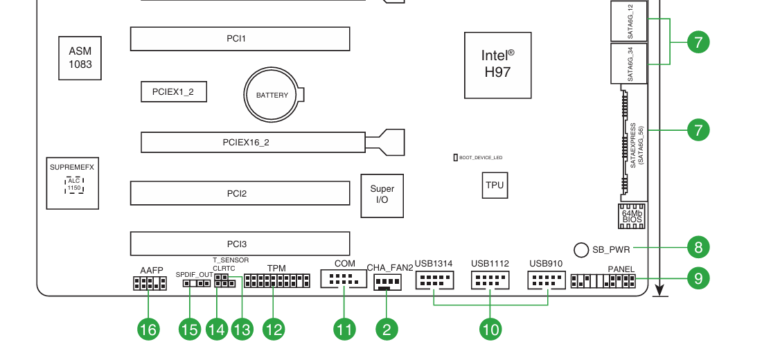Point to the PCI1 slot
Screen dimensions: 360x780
click(x=240, y=39)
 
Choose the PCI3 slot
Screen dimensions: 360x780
click(x=240, y=244)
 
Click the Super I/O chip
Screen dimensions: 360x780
click(x=382, y=195)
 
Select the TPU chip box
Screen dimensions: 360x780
click(x=495, y=186)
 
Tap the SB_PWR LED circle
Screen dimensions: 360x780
click(x=581, y=249)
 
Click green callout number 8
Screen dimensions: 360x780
click(x=698, y=246)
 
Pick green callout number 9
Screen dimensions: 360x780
click(x=698, y=278)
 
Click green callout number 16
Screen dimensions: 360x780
click(x=148, y=329)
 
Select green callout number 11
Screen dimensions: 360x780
click(x=344, y=329)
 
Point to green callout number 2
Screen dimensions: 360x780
click(x=387, y=329)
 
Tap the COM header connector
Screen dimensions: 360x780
click(x=344, y=279)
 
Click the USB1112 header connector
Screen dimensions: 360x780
click(x=490, y=280)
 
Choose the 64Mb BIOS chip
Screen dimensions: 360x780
click(x=631, y=216)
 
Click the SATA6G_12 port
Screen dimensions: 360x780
click(x=629, y=21)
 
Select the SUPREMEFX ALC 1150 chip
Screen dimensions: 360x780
click(x=72, y=183)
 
